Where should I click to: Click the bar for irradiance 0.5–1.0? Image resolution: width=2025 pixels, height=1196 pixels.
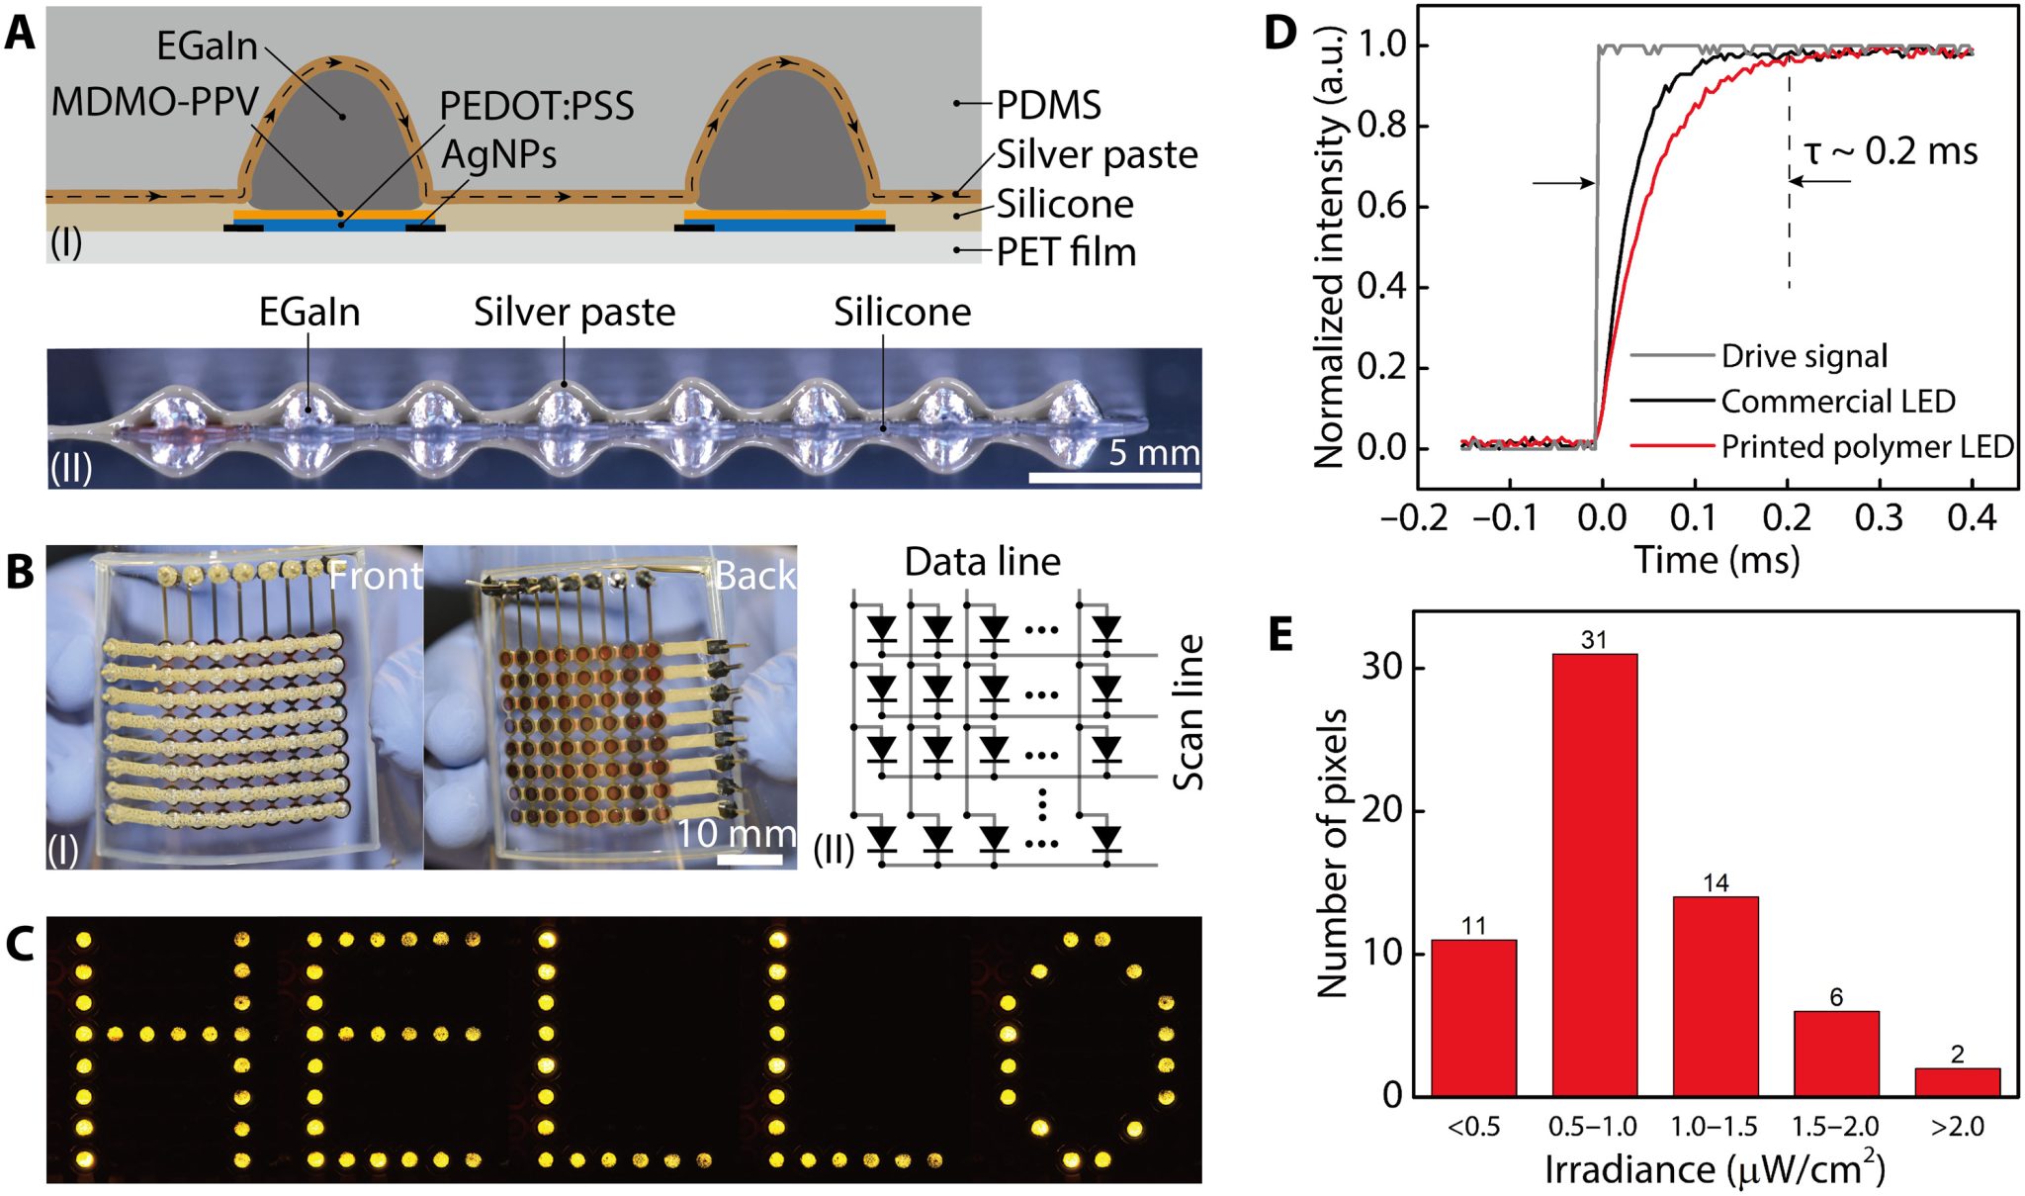pyautogui.click(x=1594, y=874)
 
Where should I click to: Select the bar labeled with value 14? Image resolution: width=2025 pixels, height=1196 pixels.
pyautogui.click(x=1716, y=995)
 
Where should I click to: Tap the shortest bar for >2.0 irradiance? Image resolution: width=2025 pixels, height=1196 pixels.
pyautogui.click(x=1957, y=1081)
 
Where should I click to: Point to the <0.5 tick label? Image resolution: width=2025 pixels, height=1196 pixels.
pyautogui.click(x=1473, y=1127)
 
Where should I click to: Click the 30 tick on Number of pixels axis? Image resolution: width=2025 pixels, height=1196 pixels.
pyautogui.click(x=1381, y=668)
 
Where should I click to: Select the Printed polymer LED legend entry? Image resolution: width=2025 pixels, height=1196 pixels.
pyautogui.click(x=1867, y=447)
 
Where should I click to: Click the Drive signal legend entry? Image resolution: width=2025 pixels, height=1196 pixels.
pyautogui.click(x=1804, y=356)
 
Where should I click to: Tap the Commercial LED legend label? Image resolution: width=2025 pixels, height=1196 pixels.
pyautogui.click(x=1837, y=402)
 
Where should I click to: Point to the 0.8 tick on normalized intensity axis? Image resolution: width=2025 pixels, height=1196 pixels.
pyautogui.click(x=1381, y=127)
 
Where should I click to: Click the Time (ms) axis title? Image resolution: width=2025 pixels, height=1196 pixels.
pyautogui.click(x=1717, y=560)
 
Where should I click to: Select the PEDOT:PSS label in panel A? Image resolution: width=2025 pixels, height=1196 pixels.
pyautogui.click(x=537, y=106)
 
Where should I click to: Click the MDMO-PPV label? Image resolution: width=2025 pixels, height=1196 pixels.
pyautogui.click(x=154, y=101)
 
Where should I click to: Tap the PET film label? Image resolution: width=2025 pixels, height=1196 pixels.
pyautogui.click(x=1066, y=252)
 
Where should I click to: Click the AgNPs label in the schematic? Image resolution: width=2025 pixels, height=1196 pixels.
pyautogui.click(x=498, y=154)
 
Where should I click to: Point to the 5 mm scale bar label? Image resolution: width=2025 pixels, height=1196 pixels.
pyautogui.click(x=1154, y=453)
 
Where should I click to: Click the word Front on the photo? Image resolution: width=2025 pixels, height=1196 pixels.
pyautogui.click(x=375, y=576)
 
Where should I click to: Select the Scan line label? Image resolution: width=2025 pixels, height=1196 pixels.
pyautogui.click(x=1189, y=712)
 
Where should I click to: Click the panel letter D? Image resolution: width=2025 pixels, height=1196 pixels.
pyautogui.click(x=1279, y=33)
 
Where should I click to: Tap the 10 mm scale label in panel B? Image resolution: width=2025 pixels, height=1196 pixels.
pyautogui.click(x=736, y=834)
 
